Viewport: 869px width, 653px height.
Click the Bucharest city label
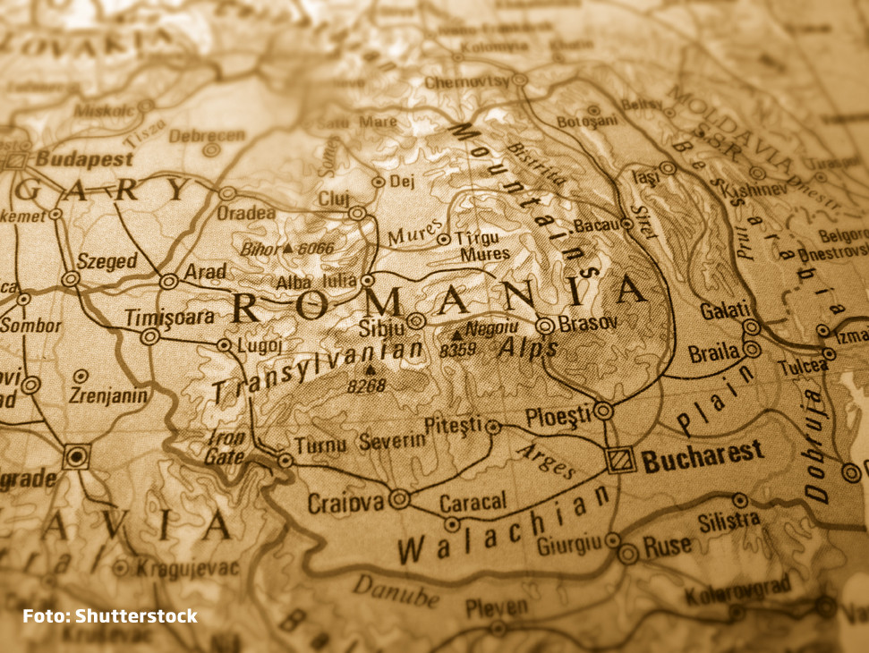pos(703,454)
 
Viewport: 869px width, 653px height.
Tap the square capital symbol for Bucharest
pos(621,461)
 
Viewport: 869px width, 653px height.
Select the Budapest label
pos(84,159)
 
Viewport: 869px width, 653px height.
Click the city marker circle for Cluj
pos(357,214)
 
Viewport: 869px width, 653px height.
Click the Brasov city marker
pos(544,325)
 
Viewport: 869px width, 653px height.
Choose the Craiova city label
pos(345,503)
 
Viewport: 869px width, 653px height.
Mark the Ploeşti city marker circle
pos(604,411)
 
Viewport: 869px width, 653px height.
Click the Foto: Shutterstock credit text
pos(110,615)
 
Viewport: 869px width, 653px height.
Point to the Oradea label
pos(246,214)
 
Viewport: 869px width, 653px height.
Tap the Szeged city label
pos(106,261)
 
